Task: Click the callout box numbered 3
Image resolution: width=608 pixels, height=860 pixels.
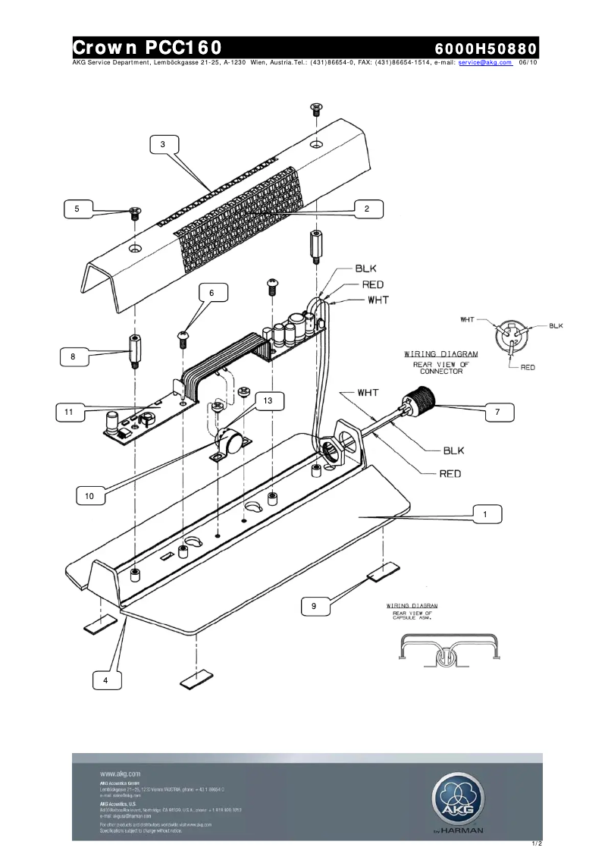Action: (x=163, y=143)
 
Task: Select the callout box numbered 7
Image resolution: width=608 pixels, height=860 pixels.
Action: (x=497, y=412)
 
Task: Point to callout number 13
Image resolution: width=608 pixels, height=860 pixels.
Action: (x=268, y=400)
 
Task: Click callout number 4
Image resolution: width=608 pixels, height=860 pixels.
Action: (x=106, y=681)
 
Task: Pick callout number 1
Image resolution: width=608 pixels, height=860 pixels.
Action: (x=485, y=514)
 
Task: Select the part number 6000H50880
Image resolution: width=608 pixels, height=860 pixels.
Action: (x=485, y=48)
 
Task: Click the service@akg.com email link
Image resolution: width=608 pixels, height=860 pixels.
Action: (x=485, y=63)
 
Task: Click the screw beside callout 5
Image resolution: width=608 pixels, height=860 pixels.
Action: (x=135, y=213)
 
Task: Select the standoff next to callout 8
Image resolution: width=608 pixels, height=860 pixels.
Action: (x=134, y=350)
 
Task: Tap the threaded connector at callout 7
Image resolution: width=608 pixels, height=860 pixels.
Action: (x=416, y=400)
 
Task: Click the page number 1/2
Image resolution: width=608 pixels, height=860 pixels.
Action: (x=537, y=843)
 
